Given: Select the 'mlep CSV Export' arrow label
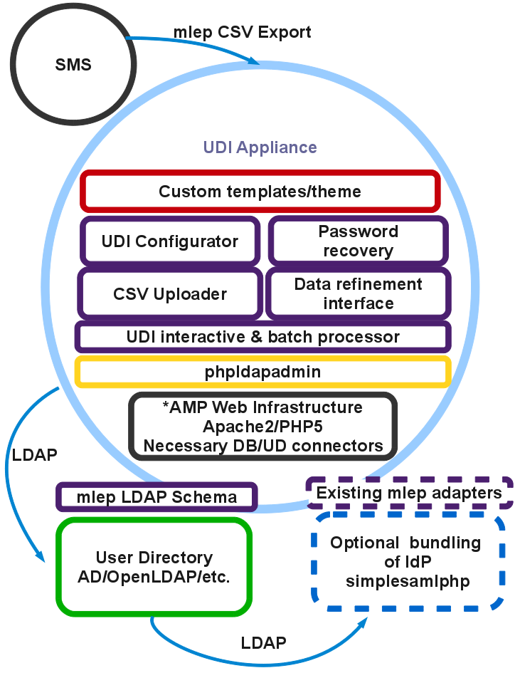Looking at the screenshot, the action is [x=242, y=33].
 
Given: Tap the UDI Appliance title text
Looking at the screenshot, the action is [x=260, y=147].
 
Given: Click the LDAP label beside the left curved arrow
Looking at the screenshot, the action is [x=34, y=455].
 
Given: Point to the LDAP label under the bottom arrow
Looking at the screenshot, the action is [x=264, y=643].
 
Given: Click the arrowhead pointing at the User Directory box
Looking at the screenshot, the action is [x=41, y=555].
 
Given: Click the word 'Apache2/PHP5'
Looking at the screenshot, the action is [x=262, y=427].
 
